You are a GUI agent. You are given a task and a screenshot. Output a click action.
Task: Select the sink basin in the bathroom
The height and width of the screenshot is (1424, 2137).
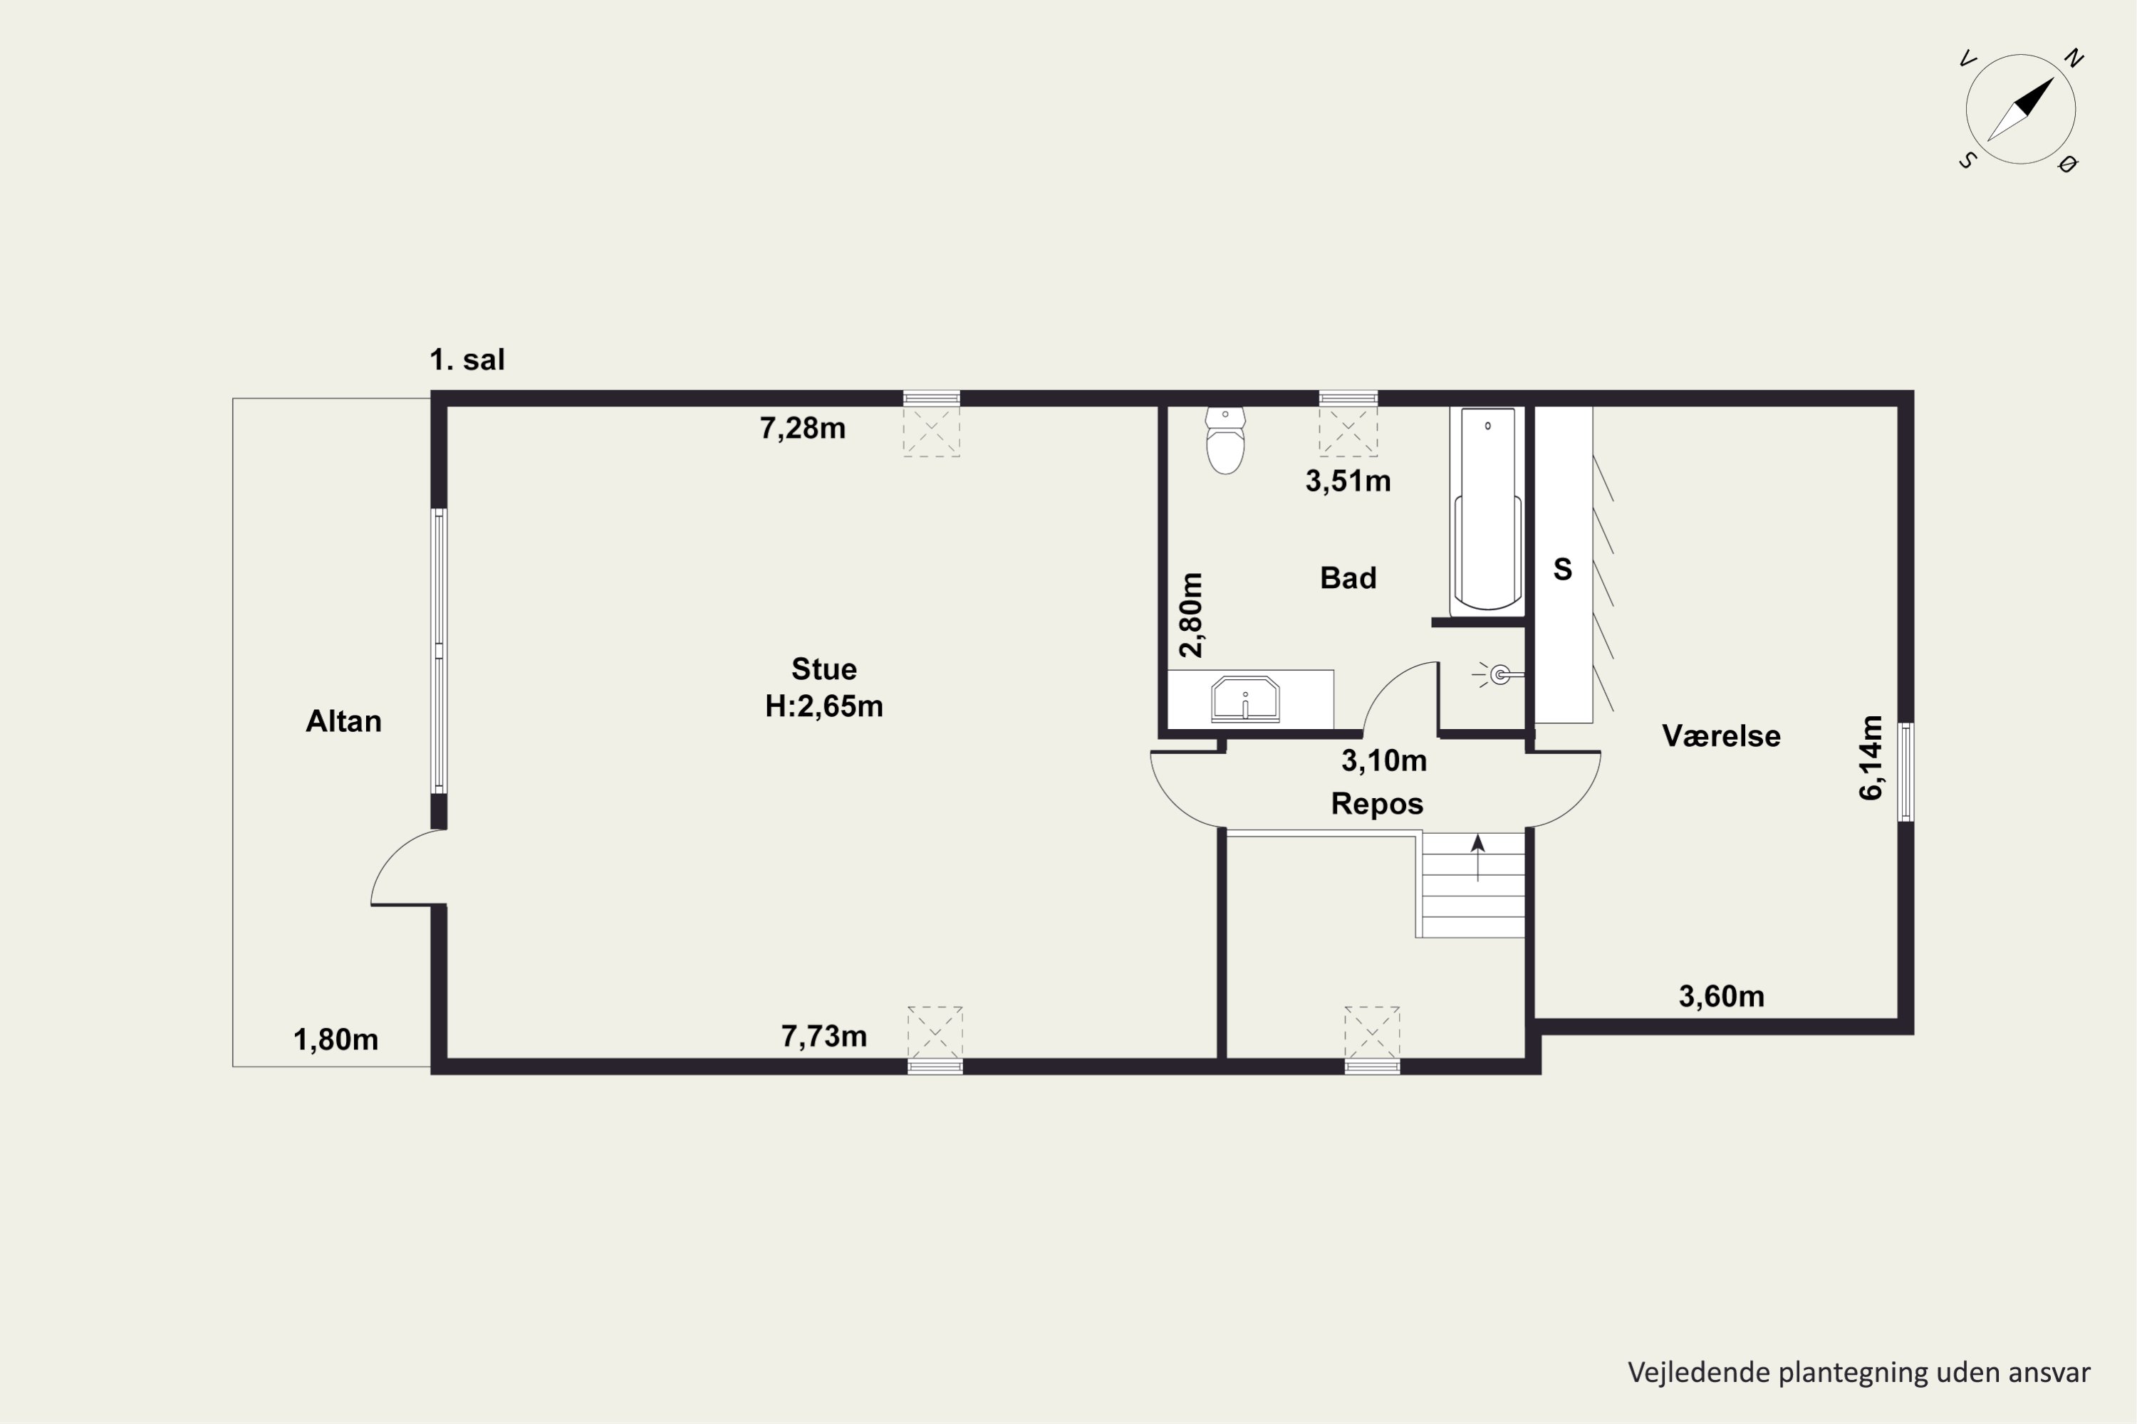point(1244,699)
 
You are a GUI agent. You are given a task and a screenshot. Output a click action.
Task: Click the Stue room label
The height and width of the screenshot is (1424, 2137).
point(824,669)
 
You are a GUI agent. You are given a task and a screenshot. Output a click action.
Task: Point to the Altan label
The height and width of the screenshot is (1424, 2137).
point(343,721)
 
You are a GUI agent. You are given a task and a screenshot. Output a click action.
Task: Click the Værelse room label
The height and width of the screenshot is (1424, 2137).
point(1721,735)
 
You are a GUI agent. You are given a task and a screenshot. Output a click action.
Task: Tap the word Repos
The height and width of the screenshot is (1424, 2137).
point(1376,804)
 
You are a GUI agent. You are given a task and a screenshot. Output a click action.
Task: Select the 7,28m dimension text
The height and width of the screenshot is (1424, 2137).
point(802,428)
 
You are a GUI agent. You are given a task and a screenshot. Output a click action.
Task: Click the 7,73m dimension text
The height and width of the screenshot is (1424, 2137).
point(824,1036)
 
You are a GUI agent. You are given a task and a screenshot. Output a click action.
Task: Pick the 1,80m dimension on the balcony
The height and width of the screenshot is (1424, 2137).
point(336,1040)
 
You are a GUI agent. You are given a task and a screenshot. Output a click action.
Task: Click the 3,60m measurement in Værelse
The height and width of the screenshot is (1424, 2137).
point(1721,996)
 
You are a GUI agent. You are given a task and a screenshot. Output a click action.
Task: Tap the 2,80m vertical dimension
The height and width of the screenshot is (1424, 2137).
point(1191,615)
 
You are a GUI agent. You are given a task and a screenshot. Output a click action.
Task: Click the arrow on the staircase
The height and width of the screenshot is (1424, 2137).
point(1478,857)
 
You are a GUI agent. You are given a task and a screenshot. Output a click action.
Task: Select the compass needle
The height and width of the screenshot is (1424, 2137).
point(2021,109)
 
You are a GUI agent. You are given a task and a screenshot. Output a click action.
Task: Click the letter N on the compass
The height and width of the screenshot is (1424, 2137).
point(2074,58)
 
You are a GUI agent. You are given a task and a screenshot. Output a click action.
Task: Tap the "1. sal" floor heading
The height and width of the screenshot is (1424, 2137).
point(467,360)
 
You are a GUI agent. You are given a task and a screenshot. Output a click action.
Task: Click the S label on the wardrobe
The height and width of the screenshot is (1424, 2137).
point(1563,570)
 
